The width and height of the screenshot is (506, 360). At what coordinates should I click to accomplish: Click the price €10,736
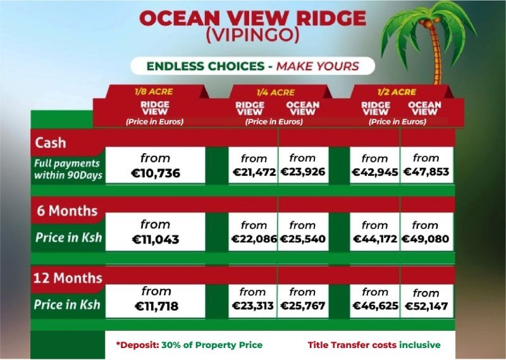point(156,173)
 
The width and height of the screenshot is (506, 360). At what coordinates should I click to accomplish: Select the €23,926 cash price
point(303,171)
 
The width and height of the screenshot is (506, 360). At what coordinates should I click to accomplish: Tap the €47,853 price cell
point(426,171)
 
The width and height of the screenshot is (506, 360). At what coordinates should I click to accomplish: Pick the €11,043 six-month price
point(156,240)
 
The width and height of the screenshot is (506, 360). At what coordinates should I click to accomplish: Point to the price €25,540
point(303,239)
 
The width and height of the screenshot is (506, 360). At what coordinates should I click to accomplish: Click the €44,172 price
point(375,239)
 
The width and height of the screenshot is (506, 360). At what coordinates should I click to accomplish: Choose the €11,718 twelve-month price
point(156,306)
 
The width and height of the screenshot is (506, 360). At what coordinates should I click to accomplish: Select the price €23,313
point(252,306)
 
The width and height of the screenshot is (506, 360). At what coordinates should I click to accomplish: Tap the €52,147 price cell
point(426,306)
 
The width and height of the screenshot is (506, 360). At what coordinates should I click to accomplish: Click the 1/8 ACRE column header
point(154,92)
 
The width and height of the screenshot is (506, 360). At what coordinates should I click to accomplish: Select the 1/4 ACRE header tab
point(276,92)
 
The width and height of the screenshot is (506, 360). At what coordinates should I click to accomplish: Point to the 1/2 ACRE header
point(397,92)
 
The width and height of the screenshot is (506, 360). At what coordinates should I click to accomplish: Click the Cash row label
point(51,143)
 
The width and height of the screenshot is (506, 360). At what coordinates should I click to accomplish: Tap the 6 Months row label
point(67,211)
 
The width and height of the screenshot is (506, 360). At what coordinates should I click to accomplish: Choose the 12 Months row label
point(68,278)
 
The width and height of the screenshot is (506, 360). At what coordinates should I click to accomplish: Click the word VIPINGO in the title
point(252,35)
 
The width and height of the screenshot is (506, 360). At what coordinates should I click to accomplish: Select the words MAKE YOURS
point(318,66)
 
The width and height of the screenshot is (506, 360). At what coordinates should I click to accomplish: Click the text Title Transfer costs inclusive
point(374,345)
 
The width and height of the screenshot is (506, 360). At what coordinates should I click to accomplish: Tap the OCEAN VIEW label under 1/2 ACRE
point(424,108)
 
